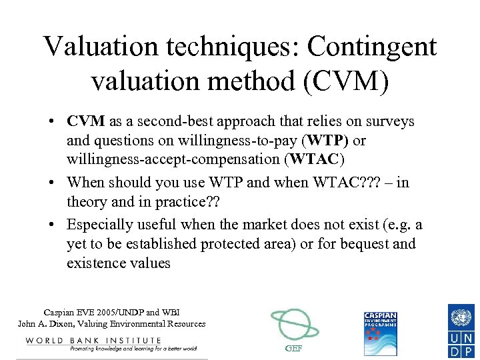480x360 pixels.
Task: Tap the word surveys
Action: pos(389,122)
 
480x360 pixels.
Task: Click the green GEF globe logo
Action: pos(294,326)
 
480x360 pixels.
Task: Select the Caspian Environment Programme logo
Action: pos(380,333)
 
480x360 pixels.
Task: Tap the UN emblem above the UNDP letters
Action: pos(461,316)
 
